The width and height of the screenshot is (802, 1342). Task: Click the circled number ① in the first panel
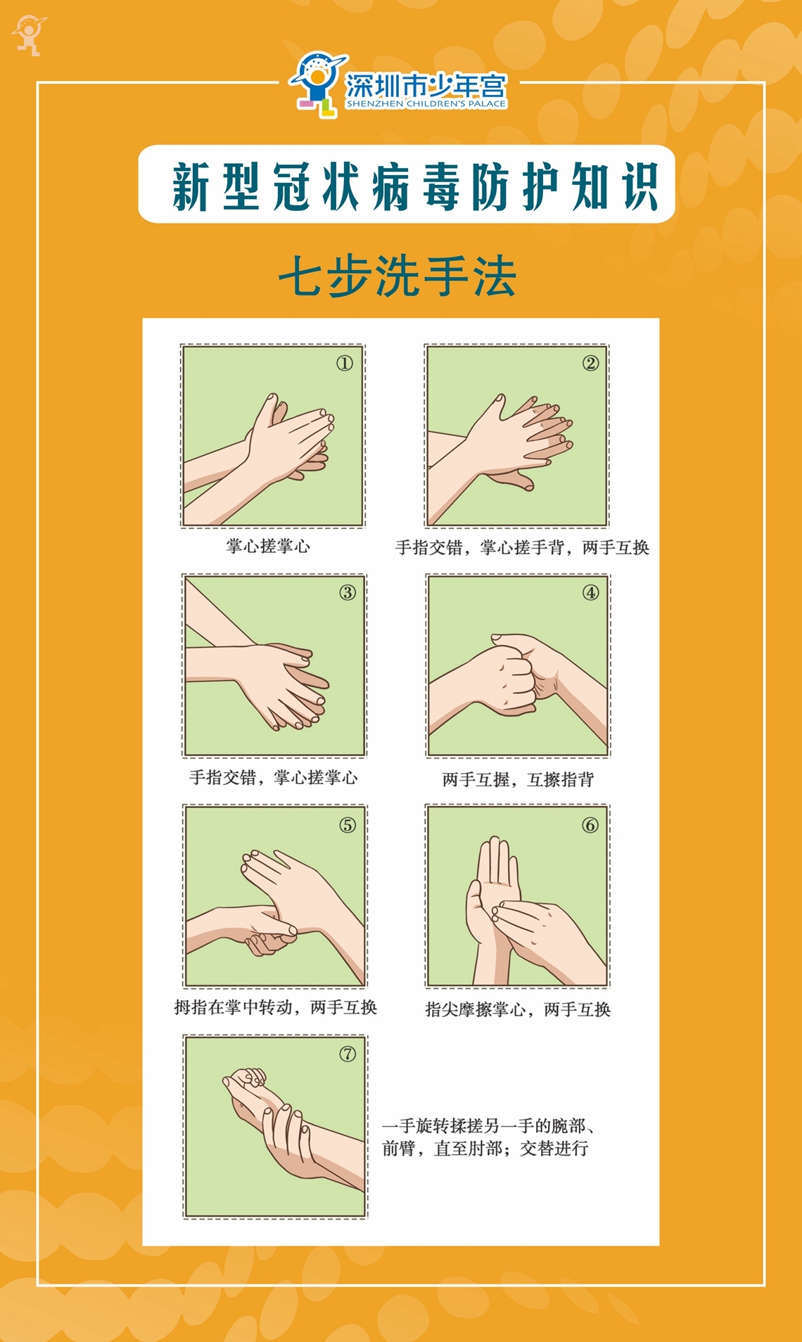point(344,363)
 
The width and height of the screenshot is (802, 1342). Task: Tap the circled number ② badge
point(590,363)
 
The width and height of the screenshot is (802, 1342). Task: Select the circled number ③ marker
point(348,592)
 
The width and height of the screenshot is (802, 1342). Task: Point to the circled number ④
point(590,592)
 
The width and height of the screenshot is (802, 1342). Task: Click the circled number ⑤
point(348,824)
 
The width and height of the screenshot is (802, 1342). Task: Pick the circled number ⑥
point(590,824)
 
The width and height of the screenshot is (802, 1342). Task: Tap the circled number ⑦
point(348,1054)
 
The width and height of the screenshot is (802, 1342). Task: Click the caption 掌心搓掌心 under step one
point(268,546)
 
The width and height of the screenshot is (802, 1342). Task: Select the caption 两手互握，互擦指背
point(518,779)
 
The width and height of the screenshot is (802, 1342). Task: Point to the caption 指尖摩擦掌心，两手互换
point(518,1009)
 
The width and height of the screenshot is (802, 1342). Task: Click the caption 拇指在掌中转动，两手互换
point(276,1007)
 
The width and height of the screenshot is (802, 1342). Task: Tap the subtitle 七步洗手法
point(398,276)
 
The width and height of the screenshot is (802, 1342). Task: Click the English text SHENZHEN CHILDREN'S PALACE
point(426,103)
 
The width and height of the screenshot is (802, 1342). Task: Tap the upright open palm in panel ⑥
point(492,893)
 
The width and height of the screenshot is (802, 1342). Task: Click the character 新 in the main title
point(192,186)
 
